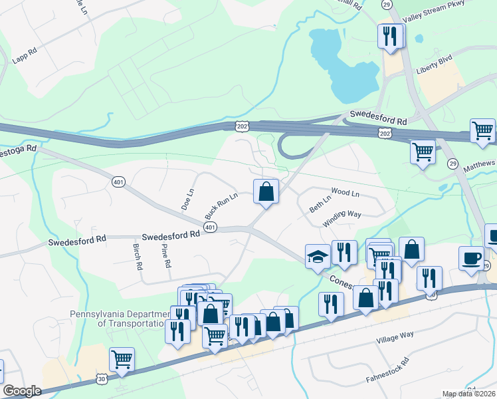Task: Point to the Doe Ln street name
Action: [x=189, y=199]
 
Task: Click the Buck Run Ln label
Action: [x=221, y=206]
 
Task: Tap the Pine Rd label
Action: [x=166, y=255]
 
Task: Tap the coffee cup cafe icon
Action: [x=472, y=259]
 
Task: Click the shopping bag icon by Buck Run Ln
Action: [x=266, y=192]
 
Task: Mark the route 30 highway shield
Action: [x=100, y=378]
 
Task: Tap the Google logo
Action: [x=22, y=390]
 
